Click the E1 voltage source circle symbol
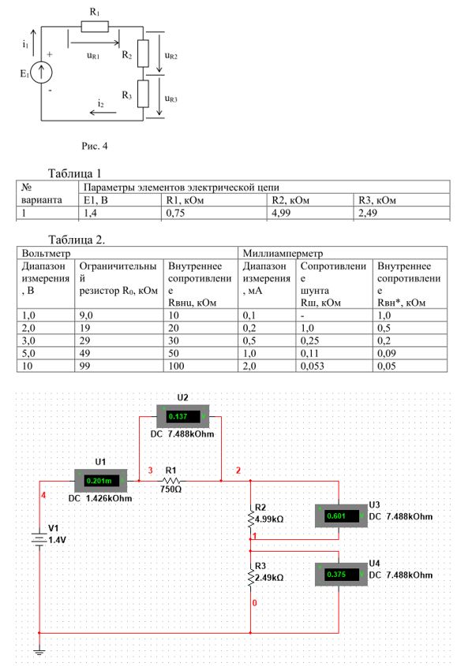coord(41,73)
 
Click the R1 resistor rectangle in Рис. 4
coord(95,27)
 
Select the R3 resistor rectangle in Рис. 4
coord(143,94)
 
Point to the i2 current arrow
coord(103,113)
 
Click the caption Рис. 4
coord(95,146)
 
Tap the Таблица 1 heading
coord(74,173)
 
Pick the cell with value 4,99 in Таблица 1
coord(281,213)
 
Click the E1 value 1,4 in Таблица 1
coord(90,213)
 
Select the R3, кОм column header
coord(377,200)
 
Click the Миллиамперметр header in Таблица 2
coord(283,254)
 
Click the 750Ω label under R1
coord(170,489)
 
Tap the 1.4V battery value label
coord(57,540)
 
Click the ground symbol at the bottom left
coord(39,651)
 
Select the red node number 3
coord(150,471)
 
